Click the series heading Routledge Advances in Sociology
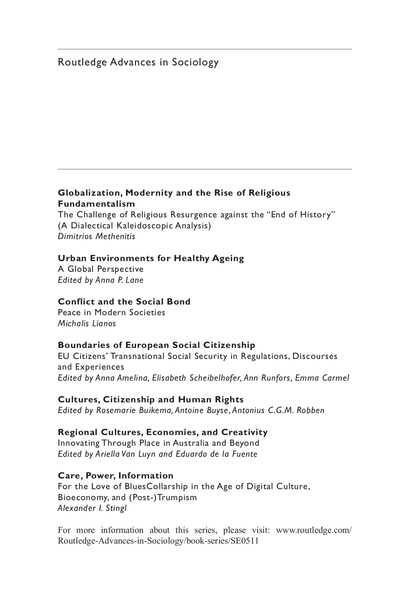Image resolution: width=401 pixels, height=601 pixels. coord(138,62)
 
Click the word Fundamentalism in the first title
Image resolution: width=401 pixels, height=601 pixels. coord(97,204)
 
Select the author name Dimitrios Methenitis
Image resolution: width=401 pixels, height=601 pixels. coord(97,236)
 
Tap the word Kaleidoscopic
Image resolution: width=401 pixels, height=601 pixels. coord(146,225)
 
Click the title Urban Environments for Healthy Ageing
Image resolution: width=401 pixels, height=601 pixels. coord(151,258)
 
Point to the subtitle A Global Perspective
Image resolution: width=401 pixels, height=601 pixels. coord(101,269)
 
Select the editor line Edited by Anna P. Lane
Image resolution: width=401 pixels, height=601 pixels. coord(101,280)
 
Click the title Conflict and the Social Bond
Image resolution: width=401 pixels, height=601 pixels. coord(124,302)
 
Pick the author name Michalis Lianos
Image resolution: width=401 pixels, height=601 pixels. coord(87,323)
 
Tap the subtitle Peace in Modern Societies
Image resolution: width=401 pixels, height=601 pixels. coord(112,313)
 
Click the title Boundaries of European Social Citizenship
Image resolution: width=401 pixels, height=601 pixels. coord(156,345)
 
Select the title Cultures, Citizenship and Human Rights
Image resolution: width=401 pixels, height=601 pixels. coord(151,399)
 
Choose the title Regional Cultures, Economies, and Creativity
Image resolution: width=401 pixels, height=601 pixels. coord(163,432)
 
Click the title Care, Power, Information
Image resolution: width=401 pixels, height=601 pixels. coord(116,475)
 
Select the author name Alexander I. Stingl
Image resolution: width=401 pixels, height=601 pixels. coord(92,509)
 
